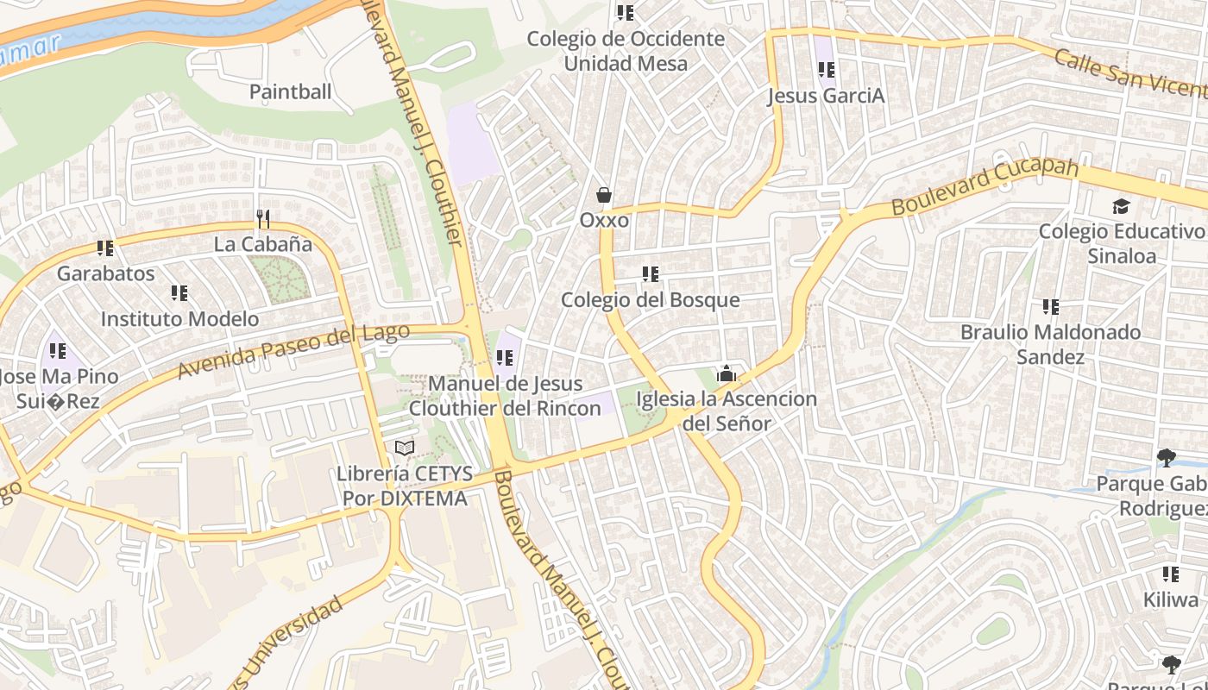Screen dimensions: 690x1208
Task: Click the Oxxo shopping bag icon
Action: tap(604, 195)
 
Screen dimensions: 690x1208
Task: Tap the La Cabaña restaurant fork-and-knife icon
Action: tap(263, 219)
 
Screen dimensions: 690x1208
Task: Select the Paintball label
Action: tap(290, 92)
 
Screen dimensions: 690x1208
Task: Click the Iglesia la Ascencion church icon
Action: tap(727, 373)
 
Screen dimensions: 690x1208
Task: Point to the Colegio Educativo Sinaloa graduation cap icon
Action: tap(1120, 206)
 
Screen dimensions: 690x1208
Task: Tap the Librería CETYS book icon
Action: tap(404, 448)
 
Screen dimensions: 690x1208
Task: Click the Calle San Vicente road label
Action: tap(1130, 72)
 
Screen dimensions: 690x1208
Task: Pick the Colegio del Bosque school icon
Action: tap(651, 274)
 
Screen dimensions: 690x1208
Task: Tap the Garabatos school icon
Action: tap(105, 248)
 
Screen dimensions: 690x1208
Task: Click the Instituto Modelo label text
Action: tap(179, 319)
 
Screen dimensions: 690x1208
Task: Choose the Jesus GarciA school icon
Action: tap(826, 70)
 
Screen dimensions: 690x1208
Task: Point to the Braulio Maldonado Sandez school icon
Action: tap(1050, 306)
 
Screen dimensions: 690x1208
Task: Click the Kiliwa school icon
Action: tap(1170, 574)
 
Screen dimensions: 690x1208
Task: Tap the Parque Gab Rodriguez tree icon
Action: tap(1166, 457)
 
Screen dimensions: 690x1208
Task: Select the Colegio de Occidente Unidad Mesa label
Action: tap(626, 51)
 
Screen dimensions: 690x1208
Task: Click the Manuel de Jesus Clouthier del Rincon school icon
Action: tap(505, 357)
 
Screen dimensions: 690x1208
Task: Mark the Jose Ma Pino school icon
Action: tap(58, 351)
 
